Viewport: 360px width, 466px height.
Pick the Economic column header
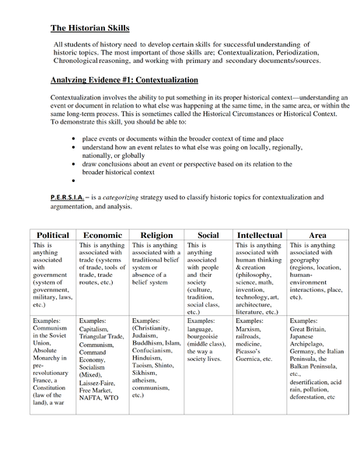tap(102, 234)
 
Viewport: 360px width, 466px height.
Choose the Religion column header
tap(156, 234)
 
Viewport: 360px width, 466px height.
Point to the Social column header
tap(208, 234)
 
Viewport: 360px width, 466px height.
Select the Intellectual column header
tap(260, 234)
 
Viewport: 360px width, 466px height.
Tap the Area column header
tap(317, 234)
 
